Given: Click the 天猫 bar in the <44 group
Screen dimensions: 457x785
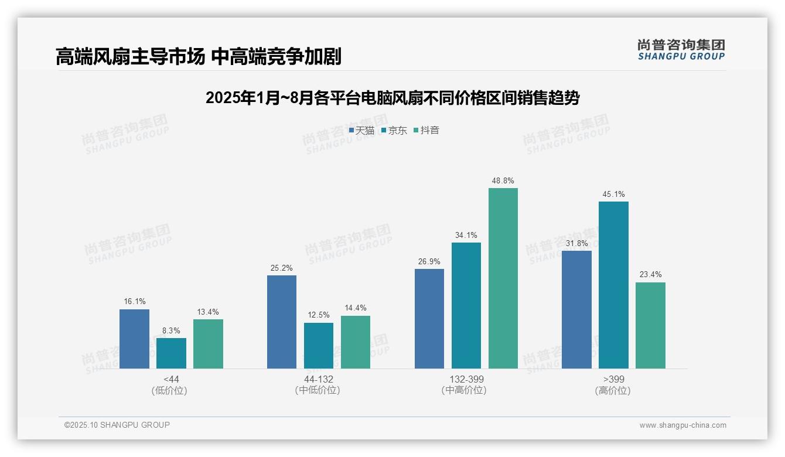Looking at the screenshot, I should pyautogui.click(x=134, y=339).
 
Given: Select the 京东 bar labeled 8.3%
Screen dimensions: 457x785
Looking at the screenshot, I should pyautogui.click(x=171, y=353).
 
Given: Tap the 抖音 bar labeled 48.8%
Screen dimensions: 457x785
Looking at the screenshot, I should pyautogui.click(x=503, y=278).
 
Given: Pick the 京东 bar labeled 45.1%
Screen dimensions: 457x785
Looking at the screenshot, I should pyautogui.click(x=613, y=285).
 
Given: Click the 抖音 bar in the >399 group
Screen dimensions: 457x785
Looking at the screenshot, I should pyautogui.click(x=650, y=325).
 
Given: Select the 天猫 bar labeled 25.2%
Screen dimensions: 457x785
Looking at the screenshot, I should pyautogui.click(x=282, y=322).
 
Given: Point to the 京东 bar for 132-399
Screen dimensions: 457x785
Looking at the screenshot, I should pyautogui.click(x=466, y=305).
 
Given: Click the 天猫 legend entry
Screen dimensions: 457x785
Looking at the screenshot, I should pyautogui.click(x=361, y=131).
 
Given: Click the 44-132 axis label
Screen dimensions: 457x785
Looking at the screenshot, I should pyautogui.click(x=318, y=379).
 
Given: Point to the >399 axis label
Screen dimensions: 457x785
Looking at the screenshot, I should pyautogui.click(x=613, y=379).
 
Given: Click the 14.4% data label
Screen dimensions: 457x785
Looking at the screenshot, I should pyautogui.click(x=356, y=308).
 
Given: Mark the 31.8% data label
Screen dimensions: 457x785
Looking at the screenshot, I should pyautogui.click(x=576, y=243).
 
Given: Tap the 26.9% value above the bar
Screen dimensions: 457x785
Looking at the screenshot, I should pyautogui.click(x=429, y=261).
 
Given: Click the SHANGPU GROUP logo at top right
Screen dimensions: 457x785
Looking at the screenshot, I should pyautogui.click(x=681, y=50).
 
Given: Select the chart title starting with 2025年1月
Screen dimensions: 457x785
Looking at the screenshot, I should pyautogui.click(x=392, y=98).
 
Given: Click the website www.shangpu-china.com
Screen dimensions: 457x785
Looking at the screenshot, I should pyautogui.click(x=682, y=425).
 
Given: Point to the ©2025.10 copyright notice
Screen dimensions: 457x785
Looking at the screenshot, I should pyautogui.click(x=117, y=425).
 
